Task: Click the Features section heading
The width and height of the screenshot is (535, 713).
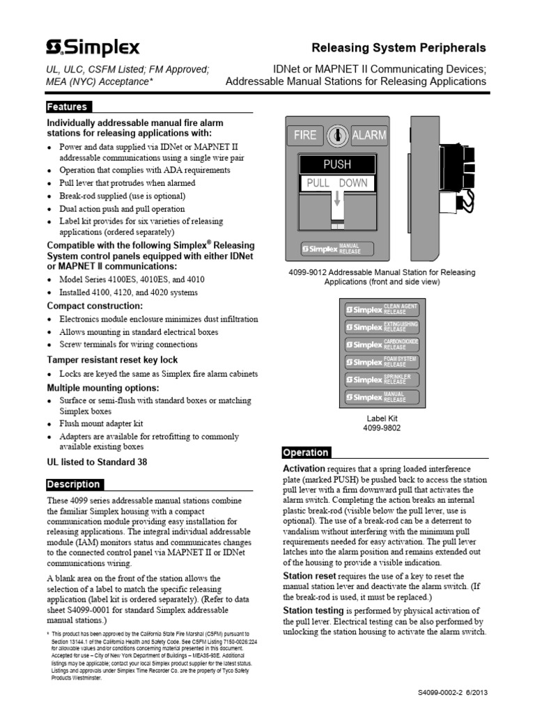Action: (x=68, y=107)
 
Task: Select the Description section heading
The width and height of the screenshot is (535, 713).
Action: (x=74, y=485)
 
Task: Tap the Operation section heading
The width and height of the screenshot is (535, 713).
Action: (x=306, y=453)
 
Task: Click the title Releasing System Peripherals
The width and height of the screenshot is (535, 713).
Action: (x=398, y=48)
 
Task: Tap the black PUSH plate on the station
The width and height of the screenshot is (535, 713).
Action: (x=337, y=165)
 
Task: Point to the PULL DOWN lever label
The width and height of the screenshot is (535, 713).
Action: (x=337, y=184)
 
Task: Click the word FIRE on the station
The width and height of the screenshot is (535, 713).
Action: (x=305, y=135)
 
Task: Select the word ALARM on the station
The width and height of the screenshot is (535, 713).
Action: (x=369, y=135)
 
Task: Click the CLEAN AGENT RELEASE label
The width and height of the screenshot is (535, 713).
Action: (x=381, y=308)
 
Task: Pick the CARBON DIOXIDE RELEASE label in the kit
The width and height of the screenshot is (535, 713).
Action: (x=381, y=344)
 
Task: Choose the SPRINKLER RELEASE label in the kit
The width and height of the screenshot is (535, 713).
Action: (x=381, y=379)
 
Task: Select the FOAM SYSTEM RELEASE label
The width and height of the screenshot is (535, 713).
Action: (x=381, y=361)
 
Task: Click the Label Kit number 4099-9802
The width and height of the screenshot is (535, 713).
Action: (x=381, y=428)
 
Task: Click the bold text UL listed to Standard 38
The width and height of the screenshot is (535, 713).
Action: (x=97, y=462)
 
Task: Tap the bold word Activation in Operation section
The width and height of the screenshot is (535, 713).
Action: (x=304, y=469)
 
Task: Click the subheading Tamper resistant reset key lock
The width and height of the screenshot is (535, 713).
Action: (x=112, y=360)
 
